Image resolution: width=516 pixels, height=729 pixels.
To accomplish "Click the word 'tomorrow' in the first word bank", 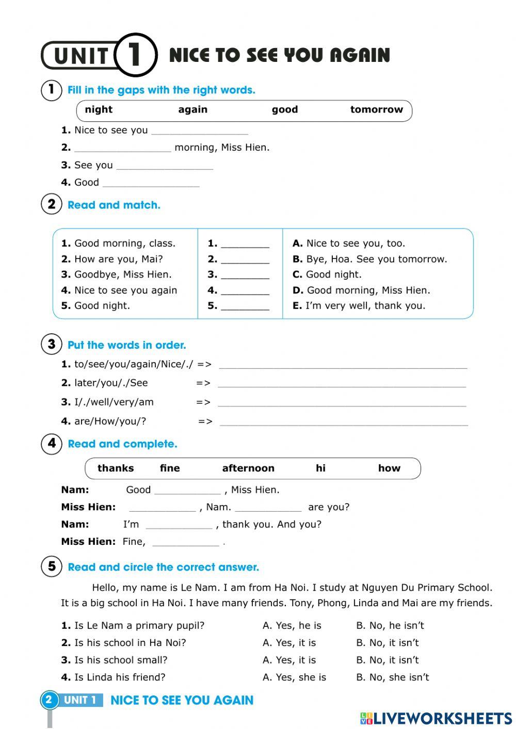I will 376,109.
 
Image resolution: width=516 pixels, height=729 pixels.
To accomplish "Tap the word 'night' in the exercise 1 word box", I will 99,109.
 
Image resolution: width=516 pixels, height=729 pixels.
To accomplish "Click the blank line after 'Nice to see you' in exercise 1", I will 200,131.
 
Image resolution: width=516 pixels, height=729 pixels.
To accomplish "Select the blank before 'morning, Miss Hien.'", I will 122,149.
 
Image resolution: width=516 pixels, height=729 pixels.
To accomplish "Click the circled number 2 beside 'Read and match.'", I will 51,204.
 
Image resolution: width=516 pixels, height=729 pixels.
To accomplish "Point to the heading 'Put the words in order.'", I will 127,345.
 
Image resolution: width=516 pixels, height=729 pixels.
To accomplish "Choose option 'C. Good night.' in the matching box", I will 327,274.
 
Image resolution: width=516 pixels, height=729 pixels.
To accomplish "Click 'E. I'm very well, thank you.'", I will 359,305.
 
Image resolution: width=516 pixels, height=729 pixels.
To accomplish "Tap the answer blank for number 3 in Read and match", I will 245,276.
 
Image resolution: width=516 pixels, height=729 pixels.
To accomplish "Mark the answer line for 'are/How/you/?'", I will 344,423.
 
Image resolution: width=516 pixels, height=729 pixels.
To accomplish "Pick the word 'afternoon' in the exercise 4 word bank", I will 248,468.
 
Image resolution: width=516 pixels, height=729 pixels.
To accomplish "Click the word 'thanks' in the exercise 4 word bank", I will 116,468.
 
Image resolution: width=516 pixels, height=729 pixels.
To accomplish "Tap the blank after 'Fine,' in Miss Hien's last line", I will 186,543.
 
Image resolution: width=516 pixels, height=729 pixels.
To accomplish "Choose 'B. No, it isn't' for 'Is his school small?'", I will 388,660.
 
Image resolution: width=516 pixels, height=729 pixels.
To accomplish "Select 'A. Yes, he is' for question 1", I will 292,625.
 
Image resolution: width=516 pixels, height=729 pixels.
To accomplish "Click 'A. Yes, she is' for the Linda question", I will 294,677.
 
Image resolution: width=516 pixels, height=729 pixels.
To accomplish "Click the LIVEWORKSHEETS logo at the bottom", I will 436,718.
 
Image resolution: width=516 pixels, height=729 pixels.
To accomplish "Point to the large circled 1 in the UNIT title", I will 135,55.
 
